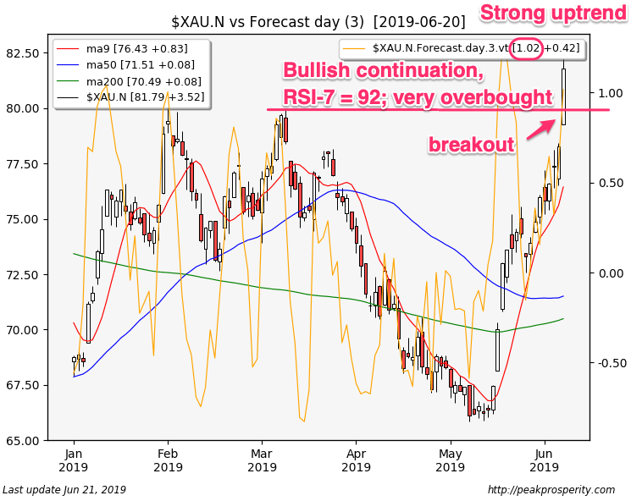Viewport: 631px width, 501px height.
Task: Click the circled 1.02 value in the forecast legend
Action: (x=526, y=49)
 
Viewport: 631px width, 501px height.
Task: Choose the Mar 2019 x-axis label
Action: (x=262, y=460)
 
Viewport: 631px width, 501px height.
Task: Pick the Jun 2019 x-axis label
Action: (x=545, y=460)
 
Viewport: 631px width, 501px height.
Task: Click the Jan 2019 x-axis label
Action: (x=74, y=460)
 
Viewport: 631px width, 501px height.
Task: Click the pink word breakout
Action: (x=471, y=145)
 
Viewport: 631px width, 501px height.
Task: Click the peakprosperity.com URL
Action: (x=551, y=490)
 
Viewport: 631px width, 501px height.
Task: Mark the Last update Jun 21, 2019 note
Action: (x=64, y=490)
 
